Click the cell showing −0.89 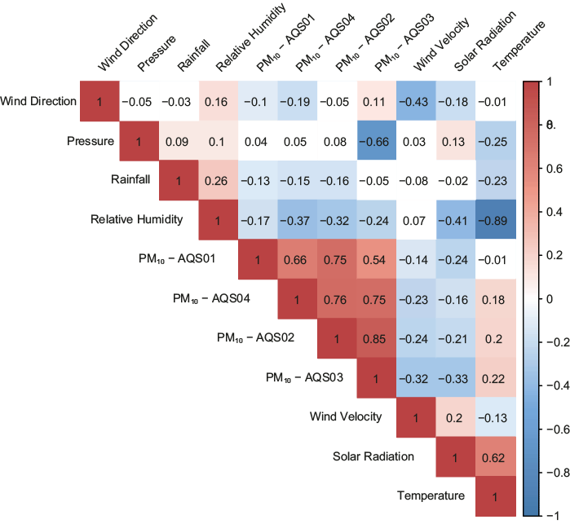pyautogui.click(x=495, y=220)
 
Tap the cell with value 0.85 pyautogui.click(x=376, y=338)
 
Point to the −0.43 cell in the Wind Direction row pyautogui.click(x=416, y=102)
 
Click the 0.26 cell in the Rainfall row pyautogui.click(x=218, y=181)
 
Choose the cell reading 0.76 pyautogui.click(x=337, y=299)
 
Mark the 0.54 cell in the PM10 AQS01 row pyautogui.click(x=376, y=259)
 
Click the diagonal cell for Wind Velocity pyautogui.click(x=416, y=417)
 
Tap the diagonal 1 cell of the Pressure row pyautogui.click(x=139, y=141)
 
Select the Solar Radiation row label pyautogui.click(x=373, y=456)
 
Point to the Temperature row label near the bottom pyautogui.click(x=431, y=495)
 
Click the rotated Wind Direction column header pyautogui.click(x=126, y=42)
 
